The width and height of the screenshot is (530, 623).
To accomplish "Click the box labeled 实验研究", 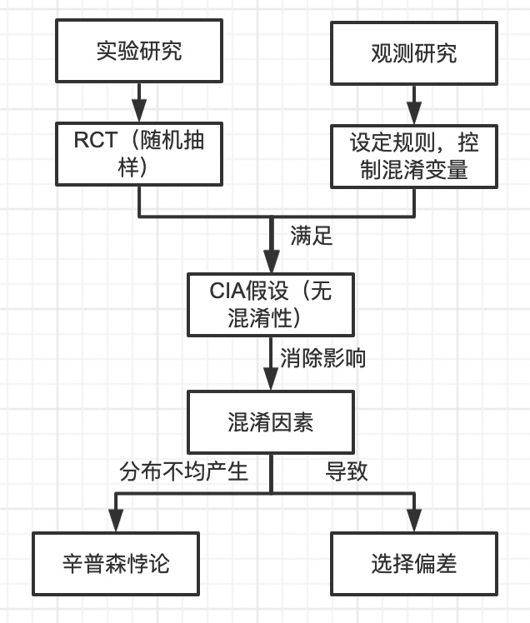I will (139, 52).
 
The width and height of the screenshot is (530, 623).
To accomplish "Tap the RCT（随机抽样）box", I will (139, 154).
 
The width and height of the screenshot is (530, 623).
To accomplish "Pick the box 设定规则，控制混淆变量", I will (414, 156).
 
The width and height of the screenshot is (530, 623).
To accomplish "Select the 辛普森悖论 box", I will (116, 564).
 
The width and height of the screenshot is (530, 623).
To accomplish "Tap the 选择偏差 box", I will (414, 564).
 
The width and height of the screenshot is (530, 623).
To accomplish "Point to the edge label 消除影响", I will (322, 358).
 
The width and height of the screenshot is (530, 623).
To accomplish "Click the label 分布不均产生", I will (184, 471).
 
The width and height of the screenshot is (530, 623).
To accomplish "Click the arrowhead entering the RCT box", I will (139, 112).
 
